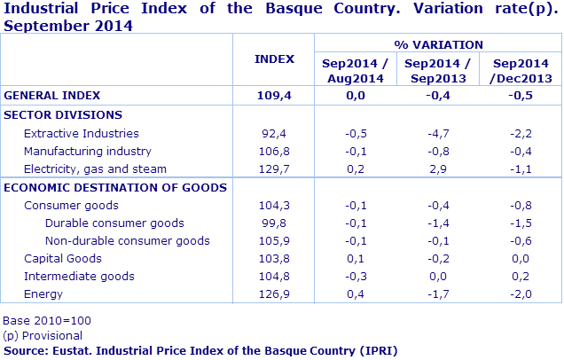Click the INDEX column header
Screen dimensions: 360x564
point(274,59)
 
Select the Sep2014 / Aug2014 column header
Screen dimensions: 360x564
point(354,71)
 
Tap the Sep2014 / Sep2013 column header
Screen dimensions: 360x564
point(436,71)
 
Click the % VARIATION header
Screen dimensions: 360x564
point(438,43)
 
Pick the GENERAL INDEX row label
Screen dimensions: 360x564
point(52,95)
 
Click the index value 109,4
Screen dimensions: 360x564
point(274,95)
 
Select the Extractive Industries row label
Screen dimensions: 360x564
point(81,133)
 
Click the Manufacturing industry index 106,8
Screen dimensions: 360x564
point(274,151)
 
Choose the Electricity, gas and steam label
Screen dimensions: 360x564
point(95,168)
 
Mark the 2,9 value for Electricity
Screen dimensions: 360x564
point(437,168)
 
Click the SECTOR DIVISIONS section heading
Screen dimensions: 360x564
point(63,114)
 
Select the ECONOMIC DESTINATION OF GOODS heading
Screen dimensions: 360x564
point(115,187)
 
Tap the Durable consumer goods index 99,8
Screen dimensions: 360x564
point(274,223)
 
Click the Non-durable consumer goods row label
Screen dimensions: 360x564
point(127,240)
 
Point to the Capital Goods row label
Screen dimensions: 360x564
point(62,258)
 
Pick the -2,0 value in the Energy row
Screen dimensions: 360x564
point(521,293)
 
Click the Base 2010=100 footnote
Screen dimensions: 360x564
point(47,320)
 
